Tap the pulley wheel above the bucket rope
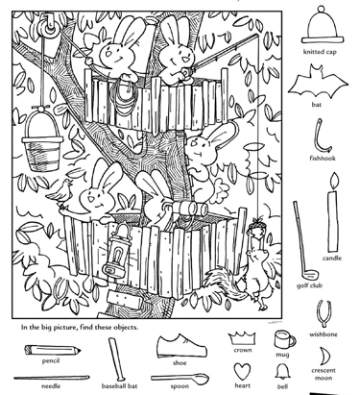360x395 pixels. [x=49, y=27]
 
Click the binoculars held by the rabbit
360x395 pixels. [x=189, y=209]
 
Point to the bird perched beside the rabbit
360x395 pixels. [x=60, y=194]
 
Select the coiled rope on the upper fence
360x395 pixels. [x=124, y=96]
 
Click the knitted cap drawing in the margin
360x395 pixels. [x=322, y=26]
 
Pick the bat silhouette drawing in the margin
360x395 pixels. [x=317, y=83]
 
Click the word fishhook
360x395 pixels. [x=323, y=158]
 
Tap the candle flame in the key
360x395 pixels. [x=334, y=180]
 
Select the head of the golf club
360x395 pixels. [x=309, y=275]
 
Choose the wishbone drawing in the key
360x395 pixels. [x=324, y=313]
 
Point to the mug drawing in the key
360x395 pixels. [x=284, y=339]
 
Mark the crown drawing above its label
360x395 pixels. [x=242, y=338]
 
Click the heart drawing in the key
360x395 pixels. [x=242, y=371]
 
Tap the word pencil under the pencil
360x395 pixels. [x=51, y=361]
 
